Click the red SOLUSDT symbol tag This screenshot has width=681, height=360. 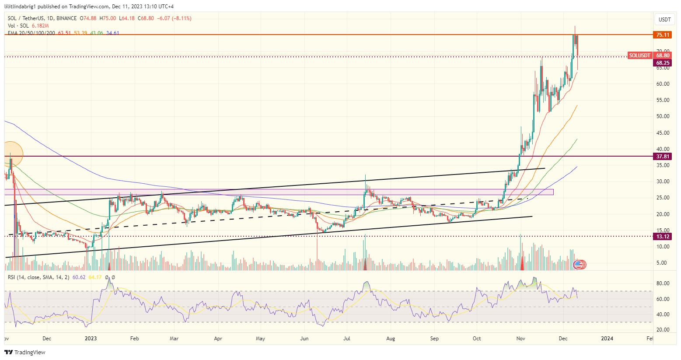[639, 56]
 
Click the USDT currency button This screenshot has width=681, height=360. [664, 20]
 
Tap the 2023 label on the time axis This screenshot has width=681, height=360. [91, 338]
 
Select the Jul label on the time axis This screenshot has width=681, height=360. [347, 338]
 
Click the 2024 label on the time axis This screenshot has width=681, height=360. [607, 338]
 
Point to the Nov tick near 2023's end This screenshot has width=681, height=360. [520, 338]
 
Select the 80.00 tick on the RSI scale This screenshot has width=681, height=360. [663, 283]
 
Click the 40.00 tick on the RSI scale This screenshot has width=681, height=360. [663, 315]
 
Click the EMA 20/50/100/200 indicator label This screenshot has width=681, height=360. [31, 33]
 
